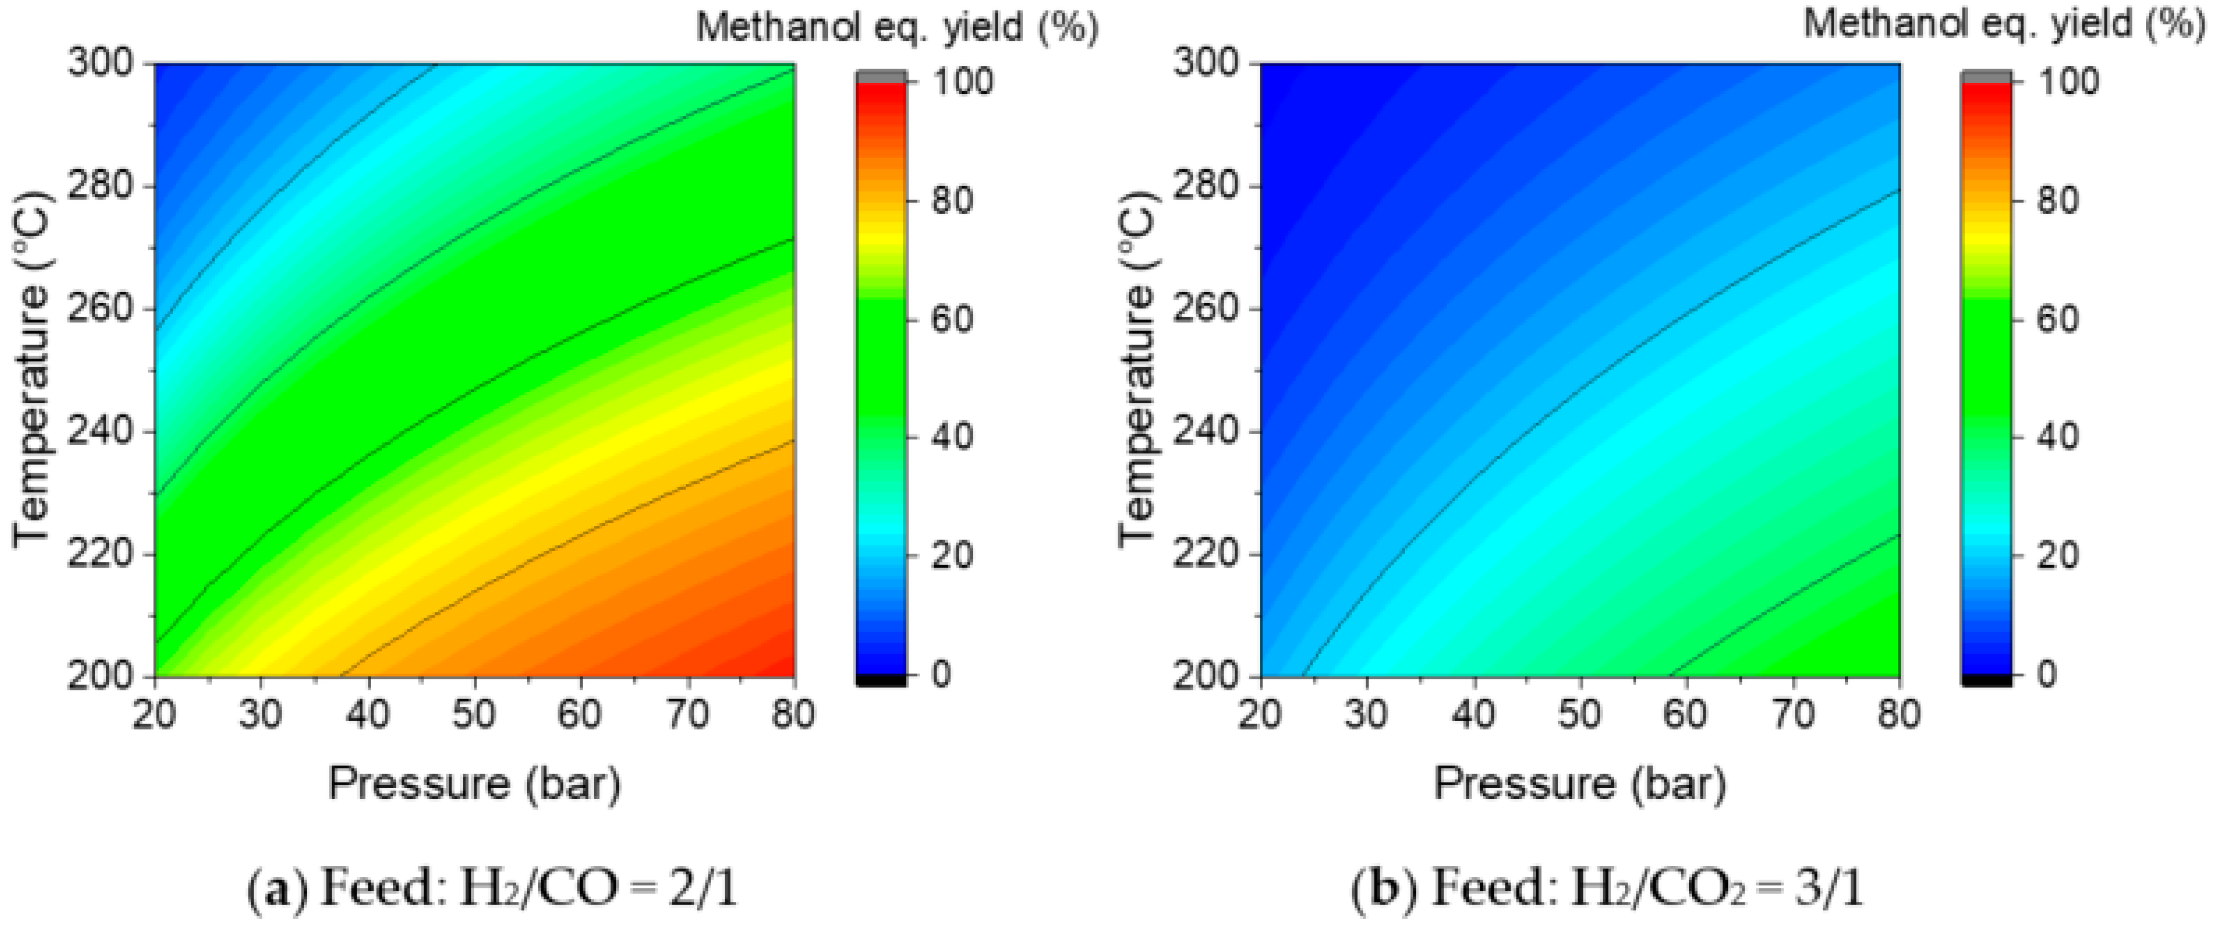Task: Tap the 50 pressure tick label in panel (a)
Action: click(x=473, y=714)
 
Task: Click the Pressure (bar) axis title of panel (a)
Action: click(x=474, y=783)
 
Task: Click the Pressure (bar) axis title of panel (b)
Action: click(x=1579, y=783)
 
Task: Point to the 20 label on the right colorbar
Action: click(x=2057, y=554)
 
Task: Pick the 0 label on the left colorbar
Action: click(x=940, y=673)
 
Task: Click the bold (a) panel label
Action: click(x=278, y=889)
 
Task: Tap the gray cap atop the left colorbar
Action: click(x=881, y=77)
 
